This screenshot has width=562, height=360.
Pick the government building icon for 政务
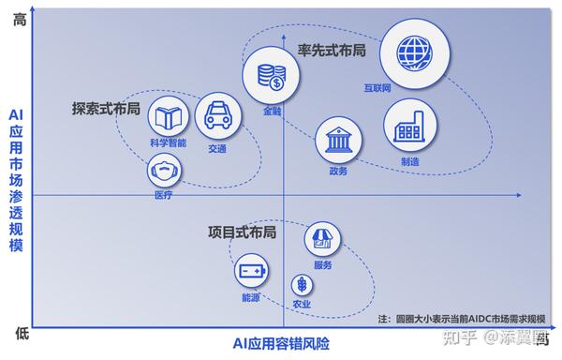338,141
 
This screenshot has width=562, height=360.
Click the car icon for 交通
218,116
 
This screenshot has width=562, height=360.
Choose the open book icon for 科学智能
169,116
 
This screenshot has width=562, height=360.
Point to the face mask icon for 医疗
164,171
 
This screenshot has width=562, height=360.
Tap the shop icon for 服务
323,240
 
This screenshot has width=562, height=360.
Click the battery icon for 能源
251,273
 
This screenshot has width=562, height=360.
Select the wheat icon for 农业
302,284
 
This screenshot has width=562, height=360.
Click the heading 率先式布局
331,49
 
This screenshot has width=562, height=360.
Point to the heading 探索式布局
106,109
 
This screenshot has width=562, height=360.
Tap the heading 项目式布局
242,231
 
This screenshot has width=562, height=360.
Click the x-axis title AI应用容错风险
281,343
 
